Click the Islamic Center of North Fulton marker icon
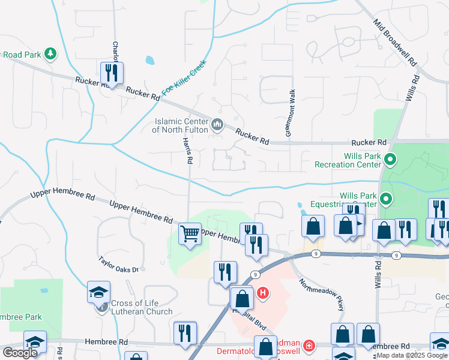coord(217,125)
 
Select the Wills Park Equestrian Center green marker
coord(386,198)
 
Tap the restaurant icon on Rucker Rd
coord(112,73)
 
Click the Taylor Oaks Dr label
coord(119,265)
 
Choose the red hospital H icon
coord(262,293)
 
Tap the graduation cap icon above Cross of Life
coord(98,292)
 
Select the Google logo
coord(20,353)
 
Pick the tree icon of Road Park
coord(51,54)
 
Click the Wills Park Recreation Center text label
coord(354,160)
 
